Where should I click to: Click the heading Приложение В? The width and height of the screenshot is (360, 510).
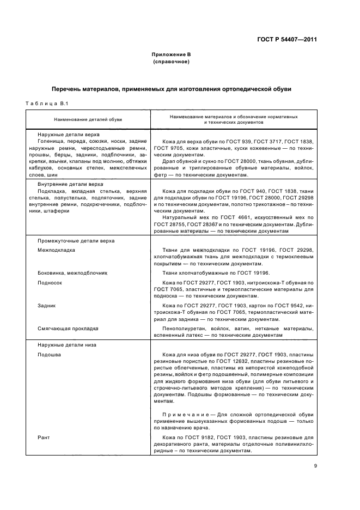point(171,55)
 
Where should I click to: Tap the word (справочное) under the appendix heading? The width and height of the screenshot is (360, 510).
point(171,62)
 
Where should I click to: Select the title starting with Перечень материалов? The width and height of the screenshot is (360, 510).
point(172,89)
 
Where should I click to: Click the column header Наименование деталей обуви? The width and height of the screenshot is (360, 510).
point(88,119)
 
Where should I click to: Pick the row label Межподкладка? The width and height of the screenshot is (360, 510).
point(57,250)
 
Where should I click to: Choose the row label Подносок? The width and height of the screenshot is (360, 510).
point(50,283)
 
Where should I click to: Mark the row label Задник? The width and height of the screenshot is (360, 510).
point(47,306)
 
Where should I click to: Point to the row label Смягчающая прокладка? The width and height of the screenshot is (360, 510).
point(68,329)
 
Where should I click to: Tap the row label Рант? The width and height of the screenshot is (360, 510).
point(44,438)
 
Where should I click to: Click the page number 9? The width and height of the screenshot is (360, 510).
point(315,465)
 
